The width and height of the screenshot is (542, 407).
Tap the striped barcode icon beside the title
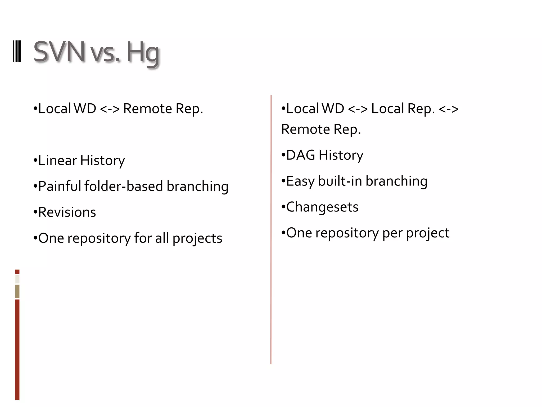[x=17, y=51]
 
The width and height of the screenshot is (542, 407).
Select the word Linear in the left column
[x=57, y=160]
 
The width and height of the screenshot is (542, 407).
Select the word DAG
[x=301, y=155]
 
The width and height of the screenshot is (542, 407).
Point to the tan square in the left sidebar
[x=17, y=291]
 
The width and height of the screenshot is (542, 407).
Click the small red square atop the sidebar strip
[x=17, y=272]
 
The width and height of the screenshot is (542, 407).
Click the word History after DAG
[x=341, y=155]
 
